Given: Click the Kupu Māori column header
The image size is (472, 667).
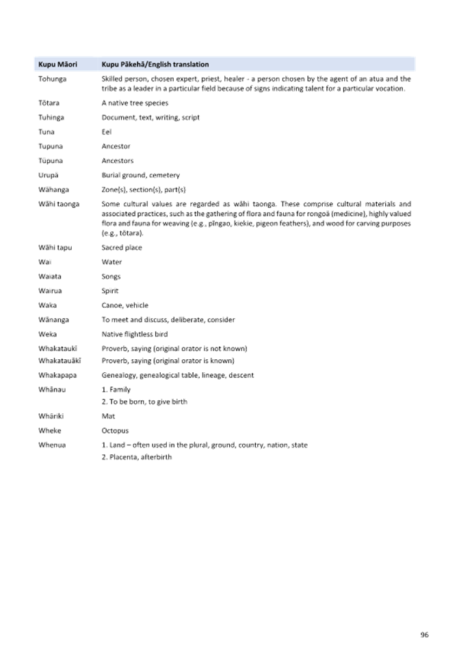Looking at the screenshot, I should point(57,64).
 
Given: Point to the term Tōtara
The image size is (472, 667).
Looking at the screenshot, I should point(49,103).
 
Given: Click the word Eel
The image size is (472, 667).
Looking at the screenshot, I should point(105,131).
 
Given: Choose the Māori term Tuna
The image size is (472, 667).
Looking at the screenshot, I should point(47,131).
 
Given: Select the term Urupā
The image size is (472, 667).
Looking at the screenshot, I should point(48,175).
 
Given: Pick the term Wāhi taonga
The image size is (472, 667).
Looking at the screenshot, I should point(59,204).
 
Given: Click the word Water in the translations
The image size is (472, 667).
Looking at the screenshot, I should point(111,262).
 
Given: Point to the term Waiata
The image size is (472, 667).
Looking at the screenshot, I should point(50,276).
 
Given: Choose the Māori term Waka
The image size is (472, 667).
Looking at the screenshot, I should point(47,305).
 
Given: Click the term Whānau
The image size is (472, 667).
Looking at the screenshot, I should point(51,389).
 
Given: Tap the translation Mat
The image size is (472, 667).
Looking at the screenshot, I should point(107,415).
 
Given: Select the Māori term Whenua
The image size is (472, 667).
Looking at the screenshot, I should point(51,445).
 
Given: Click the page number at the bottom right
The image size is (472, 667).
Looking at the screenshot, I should point(424,635).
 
